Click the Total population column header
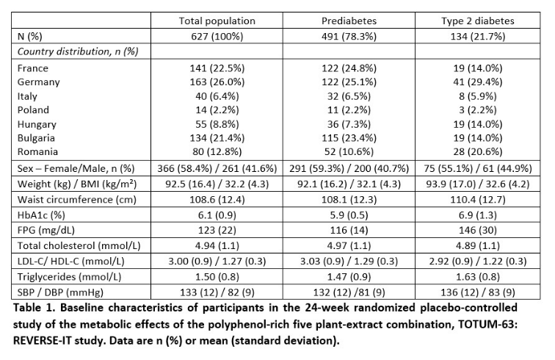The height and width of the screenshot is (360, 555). (217, 21)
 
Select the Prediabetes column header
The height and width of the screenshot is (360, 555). (349, 21)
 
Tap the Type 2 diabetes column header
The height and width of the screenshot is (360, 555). (477, 21)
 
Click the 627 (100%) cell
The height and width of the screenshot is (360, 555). (217, 37)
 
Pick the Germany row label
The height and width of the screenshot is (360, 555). (39, 82)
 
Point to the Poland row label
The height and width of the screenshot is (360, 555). (33, 110)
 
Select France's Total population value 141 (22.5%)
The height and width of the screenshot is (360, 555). (217, 68)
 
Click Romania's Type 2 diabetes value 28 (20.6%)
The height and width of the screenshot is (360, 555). (477, 151)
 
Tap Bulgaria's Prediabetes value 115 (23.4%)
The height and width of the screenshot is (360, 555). (349, 138)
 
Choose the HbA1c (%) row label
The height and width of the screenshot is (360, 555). (41, 215)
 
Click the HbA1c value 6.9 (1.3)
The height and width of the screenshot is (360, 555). (477, 215)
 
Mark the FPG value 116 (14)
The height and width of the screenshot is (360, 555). (349, 230)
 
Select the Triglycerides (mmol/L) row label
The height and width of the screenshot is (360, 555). (69, 277)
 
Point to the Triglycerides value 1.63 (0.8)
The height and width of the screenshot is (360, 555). (477, 277)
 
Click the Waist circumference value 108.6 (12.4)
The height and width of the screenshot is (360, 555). (217, 200)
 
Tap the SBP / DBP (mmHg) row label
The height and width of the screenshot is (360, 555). (60, 292)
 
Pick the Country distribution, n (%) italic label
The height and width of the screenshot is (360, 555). (78, 51)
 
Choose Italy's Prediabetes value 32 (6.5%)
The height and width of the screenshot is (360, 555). (349, 96)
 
